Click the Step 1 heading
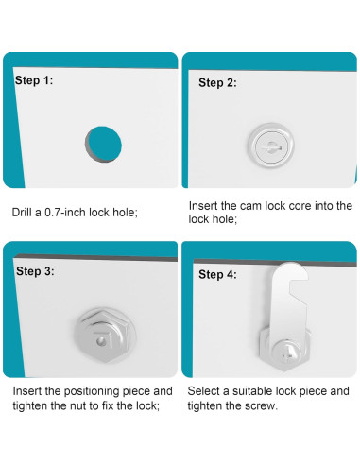pyautogui.click(x=34, y=80)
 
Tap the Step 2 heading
pyautogui.click(x=217, y=83)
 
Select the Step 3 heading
pyautogui.click(x=35, y=271)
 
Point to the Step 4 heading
pyautogui.click(x=217, y=274)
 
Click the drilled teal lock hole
pyautogui.click(x=103, y=145)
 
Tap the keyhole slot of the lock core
pyautogui.click(x=270, y=146)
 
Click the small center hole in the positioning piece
pyautogui.click(x=101, y=341)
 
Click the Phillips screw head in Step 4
pyautogui.click(x=286, y=353)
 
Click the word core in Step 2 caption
pyautogui.click(x=300, y=206)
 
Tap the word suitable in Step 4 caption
pyautogui.click(x=252, y=391)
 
